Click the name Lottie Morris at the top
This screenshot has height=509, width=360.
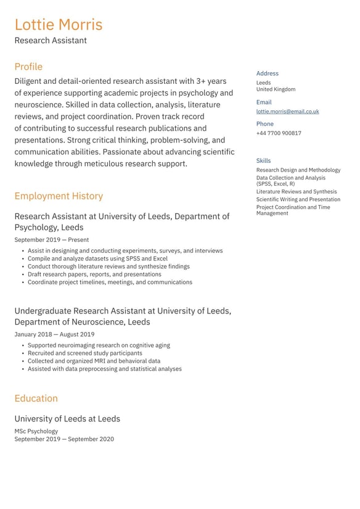(59, 25)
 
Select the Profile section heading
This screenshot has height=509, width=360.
(28, 67)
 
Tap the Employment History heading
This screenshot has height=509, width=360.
(59, 196)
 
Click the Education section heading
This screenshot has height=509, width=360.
(36, 399)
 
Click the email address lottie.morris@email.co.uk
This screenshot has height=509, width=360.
(287, 112)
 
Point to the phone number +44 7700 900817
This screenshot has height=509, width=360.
(279, 133)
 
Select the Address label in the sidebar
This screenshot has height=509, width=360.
(268, 73)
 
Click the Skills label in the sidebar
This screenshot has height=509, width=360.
(263, 161)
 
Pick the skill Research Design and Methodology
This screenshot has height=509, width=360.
(298, 170)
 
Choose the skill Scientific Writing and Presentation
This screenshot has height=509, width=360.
(298, 199)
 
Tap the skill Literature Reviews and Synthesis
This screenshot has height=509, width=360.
(297, 192)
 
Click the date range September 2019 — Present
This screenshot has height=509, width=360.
(51, 240)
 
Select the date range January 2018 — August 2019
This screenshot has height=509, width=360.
(54, 334)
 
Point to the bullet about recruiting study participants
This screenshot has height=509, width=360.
(84, 354)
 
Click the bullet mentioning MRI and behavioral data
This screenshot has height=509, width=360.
(94, 361)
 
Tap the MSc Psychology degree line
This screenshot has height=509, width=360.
(36, 431)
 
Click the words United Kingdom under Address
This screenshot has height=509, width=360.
(276, 89)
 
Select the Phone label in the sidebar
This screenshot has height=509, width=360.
(265, 124)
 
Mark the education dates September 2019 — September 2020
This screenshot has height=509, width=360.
(64, 439)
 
